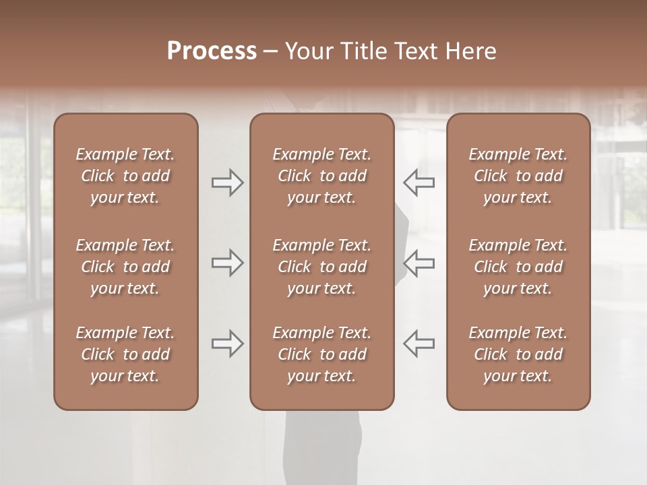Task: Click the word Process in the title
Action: pos(212,51)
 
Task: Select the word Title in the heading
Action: pos(361,51)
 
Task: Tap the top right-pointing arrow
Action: pos(227,183)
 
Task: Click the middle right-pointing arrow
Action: pos(227,263)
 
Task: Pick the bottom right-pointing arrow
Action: pos(227,344)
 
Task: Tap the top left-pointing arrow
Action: pos(419,183)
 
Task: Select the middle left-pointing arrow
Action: pos(419,263)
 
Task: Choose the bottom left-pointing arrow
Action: pos(419,344)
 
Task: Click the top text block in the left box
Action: pos(125,176)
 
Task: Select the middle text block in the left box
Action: pos(125,267)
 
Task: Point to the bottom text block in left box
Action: pos(125,354)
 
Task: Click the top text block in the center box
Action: pos(321,176)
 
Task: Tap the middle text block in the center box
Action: pos(321,267)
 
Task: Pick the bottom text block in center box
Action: pos(321,354)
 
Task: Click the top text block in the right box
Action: pos(518,176)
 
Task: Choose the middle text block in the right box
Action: pos(518,267)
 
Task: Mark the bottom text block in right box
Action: pos(518,354)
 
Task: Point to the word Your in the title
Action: pos(308,51)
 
